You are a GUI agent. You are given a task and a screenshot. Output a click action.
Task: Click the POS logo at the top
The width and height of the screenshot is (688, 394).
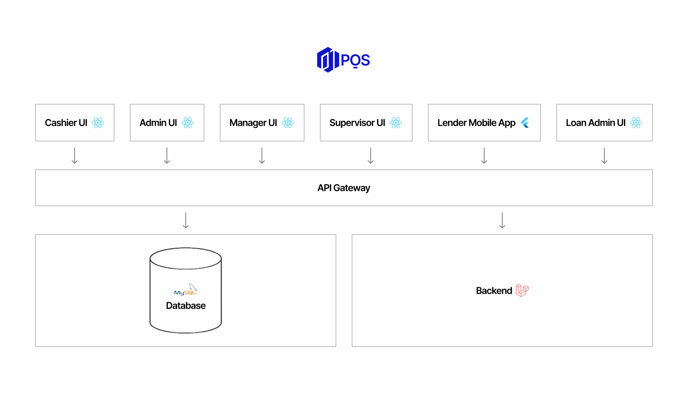(x=343, y=60)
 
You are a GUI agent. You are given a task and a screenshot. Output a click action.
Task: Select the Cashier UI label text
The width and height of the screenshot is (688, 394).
(x=66, y=123)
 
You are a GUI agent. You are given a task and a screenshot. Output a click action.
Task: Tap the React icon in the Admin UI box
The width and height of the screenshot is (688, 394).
(x=188, y=123)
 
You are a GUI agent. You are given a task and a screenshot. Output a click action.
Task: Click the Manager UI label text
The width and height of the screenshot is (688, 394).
(x=253, y=123)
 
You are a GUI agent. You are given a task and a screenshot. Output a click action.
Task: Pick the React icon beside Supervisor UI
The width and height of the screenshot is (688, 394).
(x=396, y=123)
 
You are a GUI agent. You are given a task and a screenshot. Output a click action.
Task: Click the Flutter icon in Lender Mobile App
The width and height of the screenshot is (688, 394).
(x=525, y=123)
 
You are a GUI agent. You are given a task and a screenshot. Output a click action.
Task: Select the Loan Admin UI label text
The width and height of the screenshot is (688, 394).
(x=595, y=123)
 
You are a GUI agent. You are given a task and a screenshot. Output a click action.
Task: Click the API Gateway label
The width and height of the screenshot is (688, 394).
(x=344, y=188)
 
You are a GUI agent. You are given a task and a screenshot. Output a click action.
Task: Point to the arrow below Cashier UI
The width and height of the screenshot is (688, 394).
(x=75, y=156)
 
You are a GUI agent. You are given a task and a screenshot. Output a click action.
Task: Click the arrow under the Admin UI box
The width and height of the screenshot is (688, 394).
(x=167, y=156)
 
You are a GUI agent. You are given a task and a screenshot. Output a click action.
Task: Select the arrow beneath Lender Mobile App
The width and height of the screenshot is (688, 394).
(x=484, y=156)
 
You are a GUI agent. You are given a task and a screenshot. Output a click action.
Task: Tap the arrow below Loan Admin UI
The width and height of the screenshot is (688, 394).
(x=604, y=156)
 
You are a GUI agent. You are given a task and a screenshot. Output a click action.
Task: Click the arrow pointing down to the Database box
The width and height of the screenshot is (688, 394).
(x=186, y=221)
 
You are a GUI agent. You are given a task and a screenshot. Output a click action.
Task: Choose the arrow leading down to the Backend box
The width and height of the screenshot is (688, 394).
(x=502, y=221)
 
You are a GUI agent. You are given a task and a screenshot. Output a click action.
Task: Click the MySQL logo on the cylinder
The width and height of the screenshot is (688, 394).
(x=186, y=290)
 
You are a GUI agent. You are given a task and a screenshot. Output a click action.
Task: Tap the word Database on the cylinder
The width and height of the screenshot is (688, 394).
(x=186, y=306)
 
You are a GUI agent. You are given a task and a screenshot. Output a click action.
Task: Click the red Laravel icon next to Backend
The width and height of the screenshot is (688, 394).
(x=522, y=290)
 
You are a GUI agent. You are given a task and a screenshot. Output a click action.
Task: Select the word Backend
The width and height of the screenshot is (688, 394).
(x=494, y=291)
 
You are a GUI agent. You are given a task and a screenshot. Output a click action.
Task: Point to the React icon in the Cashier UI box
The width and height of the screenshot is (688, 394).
(x=98, y=123)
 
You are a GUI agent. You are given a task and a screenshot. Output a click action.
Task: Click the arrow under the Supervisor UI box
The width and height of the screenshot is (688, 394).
(x=371, y=156)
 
